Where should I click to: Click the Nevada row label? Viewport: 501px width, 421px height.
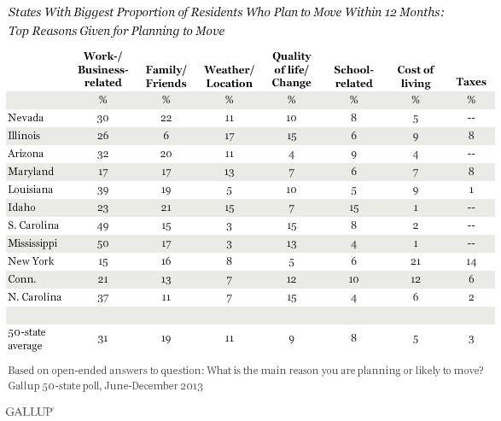click(26, 118)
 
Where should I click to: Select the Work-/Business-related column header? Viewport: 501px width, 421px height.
click(103, 69)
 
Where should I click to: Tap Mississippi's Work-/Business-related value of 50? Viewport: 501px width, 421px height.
click(103, 244)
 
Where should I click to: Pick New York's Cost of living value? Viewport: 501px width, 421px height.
click(416, 262)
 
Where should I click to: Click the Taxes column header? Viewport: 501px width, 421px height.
click(471, 82)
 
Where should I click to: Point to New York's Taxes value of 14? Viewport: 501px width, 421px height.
click(471, 262)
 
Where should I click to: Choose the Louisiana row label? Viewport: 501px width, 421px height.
click(31, 190)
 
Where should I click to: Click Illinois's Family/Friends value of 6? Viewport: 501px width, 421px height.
click(166, 136)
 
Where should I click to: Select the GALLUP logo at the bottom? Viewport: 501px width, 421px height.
click(30, 412)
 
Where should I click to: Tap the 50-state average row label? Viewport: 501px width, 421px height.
click(26, 339)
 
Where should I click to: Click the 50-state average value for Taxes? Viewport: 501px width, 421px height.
click(471, 339)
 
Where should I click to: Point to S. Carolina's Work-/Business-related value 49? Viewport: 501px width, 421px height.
click(103, 226)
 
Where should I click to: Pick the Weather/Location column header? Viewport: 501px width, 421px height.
click(229, 76)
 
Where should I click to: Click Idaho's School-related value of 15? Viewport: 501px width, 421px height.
click(353, 208)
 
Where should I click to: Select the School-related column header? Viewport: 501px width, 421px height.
click(353, 76)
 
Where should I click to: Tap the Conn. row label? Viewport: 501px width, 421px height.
click(21, 279)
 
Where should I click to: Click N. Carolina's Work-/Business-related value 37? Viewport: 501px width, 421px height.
click(103, 298)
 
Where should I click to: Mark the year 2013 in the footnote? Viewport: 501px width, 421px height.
click(190, 386)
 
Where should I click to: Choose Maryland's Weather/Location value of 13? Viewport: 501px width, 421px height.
click(229, 172)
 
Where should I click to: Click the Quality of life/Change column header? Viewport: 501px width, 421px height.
click(291, 69)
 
